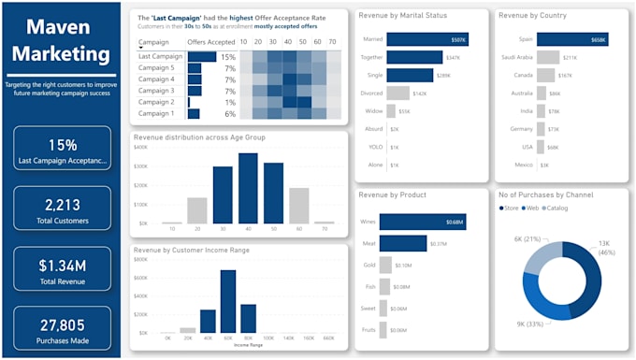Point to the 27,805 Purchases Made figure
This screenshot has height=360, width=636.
62,324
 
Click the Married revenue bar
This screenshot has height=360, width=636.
426,40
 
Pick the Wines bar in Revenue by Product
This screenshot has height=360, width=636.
426,223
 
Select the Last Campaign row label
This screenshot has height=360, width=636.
160,57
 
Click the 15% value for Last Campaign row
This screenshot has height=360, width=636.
228,57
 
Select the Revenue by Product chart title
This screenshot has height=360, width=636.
393,194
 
